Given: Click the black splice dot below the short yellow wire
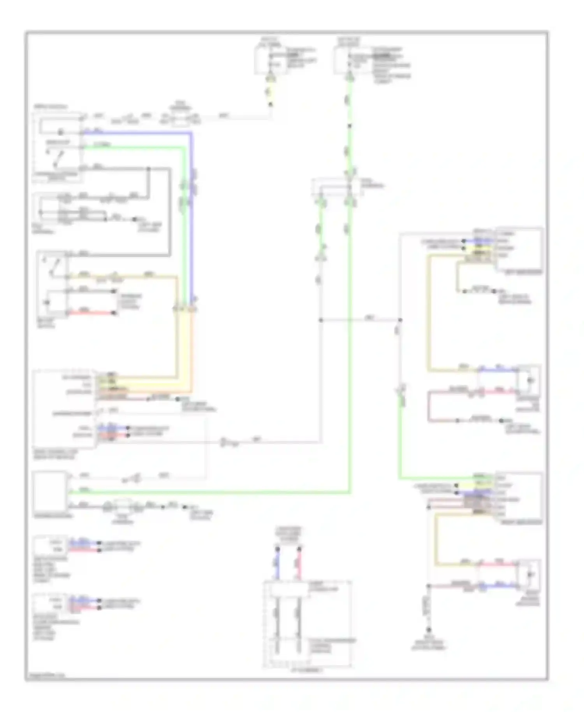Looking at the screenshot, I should click(271, 104).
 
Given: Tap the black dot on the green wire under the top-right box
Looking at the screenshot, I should click(349, 126).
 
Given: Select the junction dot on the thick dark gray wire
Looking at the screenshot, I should click(148, 169).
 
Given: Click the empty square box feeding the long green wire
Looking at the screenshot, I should click(50, 490).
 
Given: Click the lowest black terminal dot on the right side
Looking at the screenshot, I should click(429, 630).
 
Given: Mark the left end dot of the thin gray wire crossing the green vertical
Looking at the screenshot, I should click(321, 320).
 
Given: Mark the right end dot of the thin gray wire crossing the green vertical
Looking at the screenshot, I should click(400, 320).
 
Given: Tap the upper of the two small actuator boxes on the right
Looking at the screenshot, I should click(529, 381).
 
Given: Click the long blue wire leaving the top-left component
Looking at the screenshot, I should click(191, 218).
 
